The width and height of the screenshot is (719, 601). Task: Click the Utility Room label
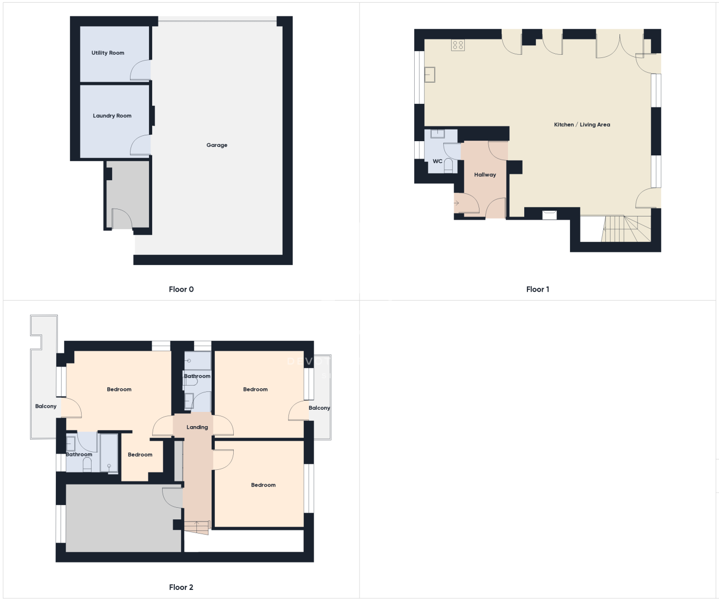coord(108,53)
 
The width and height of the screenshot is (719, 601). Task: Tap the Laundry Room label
coord(112,116)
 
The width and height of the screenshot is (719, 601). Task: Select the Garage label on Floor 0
coord(217,145)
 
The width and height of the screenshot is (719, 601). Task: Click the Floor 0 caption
coord(181,290)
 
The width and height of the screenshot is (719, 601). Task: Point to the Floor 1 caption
coord(537,290)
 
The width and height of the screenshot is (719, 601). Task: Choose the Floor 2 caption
coord(181,587)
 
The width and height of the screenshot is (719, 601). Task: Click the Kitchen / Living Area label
coord(582,125)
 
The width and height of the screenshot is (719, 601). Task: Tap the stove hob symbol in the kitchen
coord(458,45)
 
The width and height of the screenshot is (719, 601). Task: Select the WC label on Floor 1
coord(437,161)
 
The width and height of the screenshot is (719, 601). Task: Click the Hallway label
coord(485,175)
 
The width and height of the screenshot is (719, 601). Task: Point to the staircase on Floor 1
coord(626,229)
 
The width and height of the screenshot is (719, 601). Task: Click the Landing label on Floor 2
coord(197,427)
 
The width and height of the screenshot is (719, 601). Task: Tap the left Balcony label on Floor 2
coord(46,406)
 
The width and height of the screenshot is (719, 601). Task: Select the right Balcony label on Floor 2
coord(319,408)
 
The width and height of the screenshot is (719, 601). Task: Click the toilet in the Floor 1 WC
coord(448,165)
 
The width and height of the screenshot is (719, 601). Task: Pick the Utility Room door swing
coord(140,70)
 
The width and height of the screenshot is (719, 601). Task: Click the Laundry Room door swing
coord(140,145)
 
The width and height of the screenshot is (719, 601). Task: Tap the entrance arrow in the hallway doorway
coord(456,203)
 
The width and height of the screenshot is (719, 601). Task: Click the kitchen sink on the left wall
coord(430,74)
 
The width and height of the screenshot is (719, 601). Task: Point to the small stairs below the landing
coord(197,528)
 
